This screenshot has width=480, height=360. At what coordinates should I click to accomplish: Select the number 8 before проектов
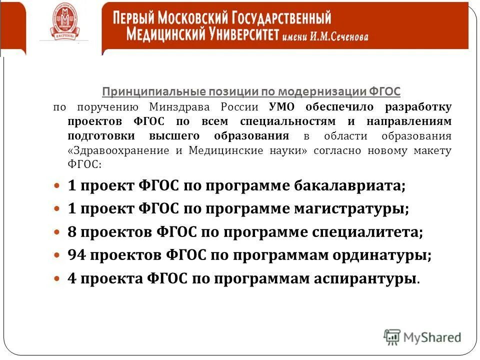pos(71,232)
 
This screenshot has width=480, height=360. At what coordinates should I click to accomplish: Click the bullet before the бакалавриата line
pos(57,186)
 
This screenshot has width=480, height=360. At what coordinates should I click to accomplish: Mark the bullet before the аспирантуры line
pos(57,278)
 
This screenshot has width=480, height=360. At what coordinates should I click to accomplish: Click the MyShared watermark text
pos(432,337)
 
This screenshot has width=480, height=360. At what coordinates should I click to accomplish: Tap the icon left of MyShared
pos(392,337)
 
